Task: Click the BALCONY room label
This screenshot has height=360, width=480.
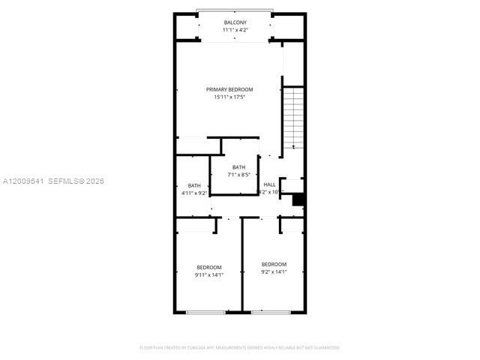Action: tap(235, 23)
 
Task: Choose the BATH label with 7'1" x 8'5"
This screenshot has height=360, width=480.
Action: tap(238, 167)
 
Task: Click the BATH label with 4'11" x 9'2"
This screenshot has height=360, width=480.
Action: tap(194, 186)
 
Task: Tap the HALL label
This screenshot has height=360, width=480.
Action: tap(269, 184)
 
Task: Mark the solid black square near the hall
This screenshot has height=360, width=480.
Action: tap(298, 199)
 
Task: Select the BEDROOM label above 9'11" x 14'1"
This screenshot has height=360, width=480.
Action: tap(209, 268)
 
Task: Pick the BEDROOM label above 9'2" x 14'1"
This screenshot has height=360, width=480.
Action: tap(274, 264)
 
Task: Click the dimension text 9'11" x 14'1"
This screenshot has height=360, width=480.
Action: tap(209, 275)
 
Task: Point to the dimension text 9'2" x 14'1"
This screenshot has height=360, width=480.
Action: tap(274, 272)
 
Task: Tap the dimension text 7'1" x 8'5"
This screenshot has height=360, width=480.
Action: tap(238, 175)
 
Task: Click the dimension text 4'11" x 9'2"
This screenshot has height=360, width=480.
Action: tap(194, 193)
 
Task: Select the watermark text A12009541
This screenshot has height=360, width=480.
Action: tap(25, 181)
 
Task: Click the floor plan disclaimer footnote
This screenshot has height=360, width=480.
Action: tap(240, 347)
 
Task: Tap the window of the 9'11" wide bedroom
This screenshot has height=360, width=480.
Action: tap(205, 312)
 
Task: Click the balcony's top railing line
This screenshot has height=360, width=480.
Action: tap(234, 10)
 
